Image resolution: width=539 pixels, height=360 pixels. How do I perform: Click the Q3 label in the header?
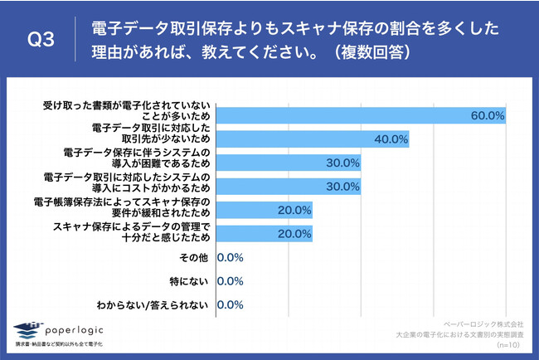click(x=41, y=41)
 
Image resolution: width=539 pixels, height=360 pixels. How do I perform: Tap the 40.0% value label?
click(x=391, y=139)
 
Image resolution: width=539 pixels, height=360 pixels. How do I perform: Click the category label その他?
click(x=196, y=257)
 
